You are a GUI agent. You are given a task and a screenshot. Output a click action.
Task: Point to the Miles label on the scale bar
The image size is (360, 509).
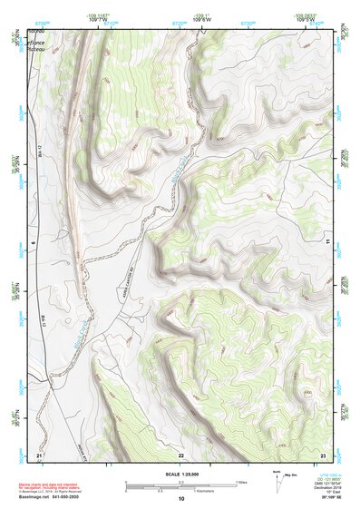[x=242, y=482]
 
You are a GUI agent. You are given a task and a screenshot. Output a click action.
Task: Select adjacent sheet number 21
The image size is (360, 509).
[x=39, y=454]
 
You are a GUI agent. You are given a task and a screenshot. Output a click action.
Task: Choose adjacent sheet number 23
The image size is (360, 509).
[x=323, y=454]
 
